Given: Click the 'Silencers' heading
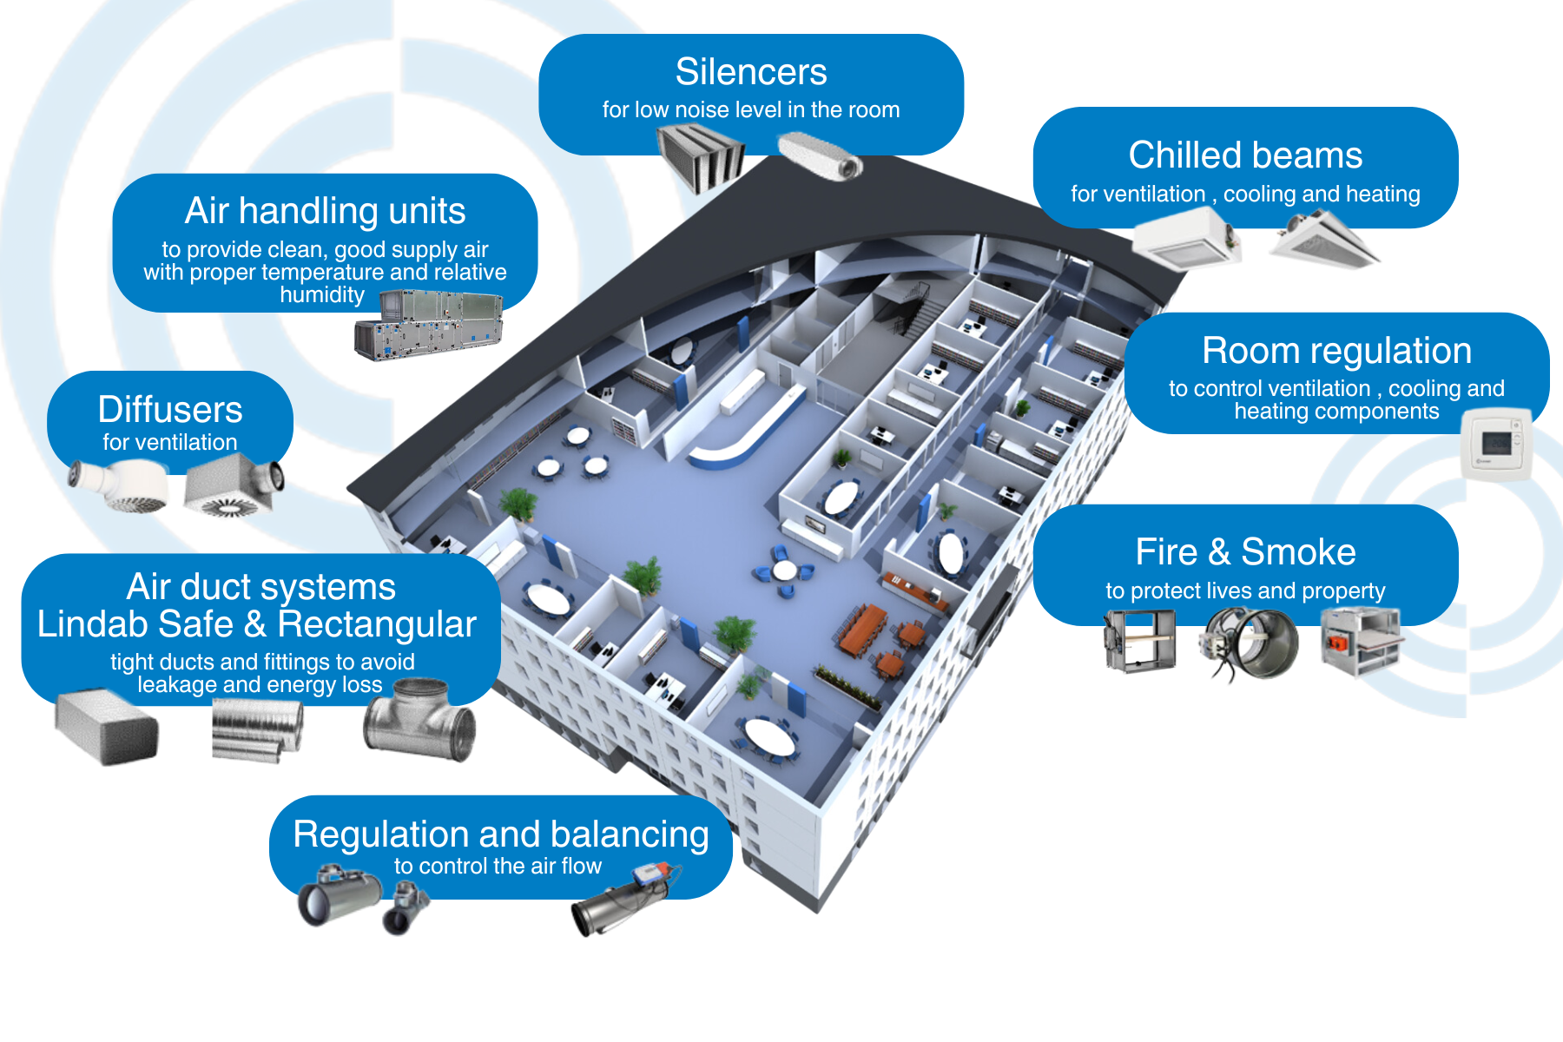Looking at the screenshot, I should pyautogui.click(x=751, y=72).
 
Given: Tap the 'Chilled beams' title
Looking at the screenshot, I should pyautogui.click(x=1245, y=155).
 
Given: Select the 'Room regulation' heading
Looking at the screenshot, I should pyautogui.click(x=1336, y=351).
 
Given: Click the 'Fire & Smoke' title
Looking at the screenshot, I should pyautogui.click(x=1245, y=552).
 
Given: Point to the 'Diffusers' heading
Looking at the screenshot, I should pyautogui.click(x=170, y=410).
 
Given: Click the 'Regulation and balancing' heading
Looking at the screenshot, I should pyautogui.click(x=501, y=834).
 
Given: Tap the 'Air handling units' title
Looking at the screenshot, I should pyautogui.click(x=325, y=211).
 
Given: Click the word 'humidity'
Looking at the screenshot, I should pyautogui.click(x=322, y=295).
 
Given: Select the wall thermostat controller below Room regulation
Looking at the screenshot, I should pyautogui.click(x=1495, y=445).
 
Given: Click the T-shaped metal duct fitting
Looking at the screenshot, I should pyautogui.click(x=419, y=720).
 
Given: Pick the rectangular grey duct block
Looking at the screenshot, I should pyautogui.click(x=107, y=727).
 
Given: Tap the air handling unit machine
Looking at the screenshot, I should pyautogui.click(x=428, y=325).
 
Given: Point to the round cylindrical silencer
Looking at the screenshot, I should pyautogui.click(x=820, y=156).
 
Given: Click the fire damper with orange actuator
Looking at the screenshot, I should pyautogui.click(x=1359, y=641).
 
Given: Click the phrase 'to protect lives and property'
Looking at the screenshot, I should pyautogui.click(x=1245, y=591).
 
